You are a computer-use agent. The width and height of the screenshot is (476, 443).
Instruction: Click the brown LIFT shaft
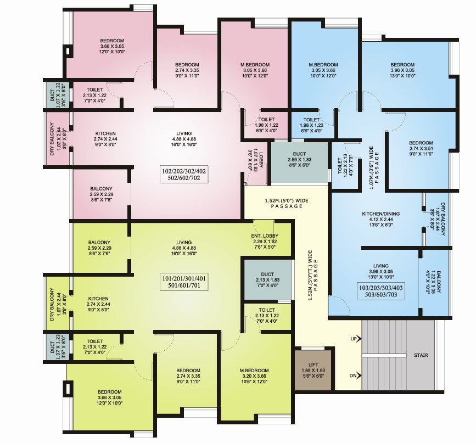(x=313, y=370)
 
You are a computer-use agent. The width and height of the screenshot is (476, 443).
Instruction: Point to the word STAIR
(x=421, y=355)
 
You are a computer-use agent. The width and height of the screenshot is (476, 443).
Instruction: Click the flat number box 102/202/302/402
(x=184, y=175)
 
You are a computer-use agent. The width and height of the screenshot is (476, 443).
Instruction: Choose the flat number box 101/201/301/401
(x=184, y=282)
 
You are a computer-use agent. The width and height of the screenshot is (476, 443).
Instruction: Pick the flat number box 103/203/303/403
(x=381, y=291)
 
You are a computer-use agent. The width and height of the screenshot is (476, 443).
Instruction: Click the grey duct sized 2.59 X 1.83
(x=299, y=162)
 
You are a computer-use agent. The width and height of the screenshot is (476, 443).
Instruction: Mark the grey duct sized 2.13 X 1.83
(x=267, y=279)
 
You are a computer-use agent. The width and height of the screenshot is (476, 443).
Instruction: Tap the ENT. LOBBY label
(x=265, y=236)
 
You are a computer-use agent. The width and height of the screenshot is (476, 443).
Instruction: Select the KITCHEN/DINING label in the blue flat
(x=381, y=214)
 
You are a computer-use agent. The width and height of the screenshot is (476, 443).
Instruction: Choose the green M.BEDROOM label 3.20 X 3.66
(x=254, y=376)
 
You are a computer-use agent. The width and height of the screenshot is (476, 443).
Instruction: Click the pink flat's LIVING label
(x=184, y=133)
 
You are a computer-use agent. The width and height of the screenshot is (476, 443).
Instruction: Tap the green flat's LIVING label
(x=184, y=242)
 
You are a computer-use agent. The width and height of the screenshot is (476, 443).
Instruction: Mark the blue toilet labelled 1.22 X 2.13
(x=345, y=165)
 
